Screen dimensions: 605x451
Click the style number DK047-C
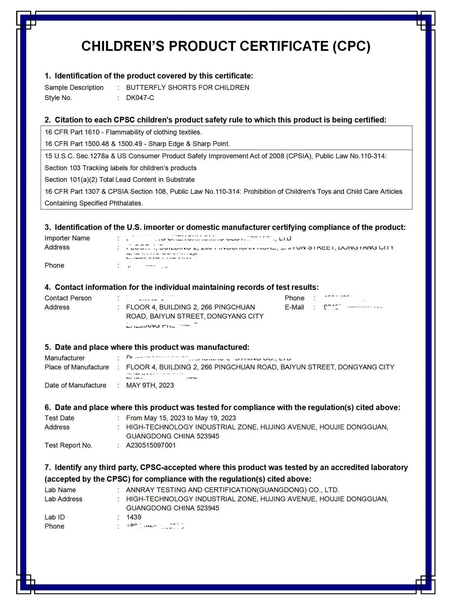pyautogui.click(x=140, y=98)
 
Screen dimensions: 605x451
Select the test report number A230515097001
pyautogui.click(x=151, y=445)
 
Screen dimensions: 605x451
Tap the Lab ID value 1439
pyautogui.click(x=134, y=517)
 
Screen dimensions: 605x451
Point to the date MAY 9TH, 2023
pyautogui.click(x=150, y=385)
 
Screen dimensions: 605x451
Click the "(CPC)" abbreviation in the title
pyautogui.click(x=351, y=46)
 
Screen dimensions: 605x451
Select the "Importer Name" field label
pyautogui.click(x=67, y=238)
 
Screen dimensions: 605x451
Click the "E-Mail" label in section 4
pyautogui.click(x=294, y=307)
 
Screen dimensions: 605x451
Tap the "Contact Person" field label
pyautogui.click(x=68, y=298)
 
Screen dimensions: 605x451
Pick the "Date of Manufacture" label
pyautogui.click(x=75, y=385)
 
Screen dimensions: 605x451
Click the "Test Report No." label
pyautogui.click(x=68, y=445)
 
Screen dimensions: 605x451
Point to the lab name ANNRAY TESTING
pyautogui.click(x=164, y=490)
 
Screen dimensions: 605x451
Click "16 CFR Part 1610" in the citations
pyautogui.click(x=72, y=132)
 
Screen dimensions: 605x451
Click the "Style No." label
pyautogui.click(x=58, y=98)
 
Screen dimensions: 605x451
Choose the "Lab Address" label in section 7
pyautogui.click(x=63, y=499)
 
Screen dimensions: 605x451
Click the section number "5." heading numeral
pyautogui.click(x=48, y=347)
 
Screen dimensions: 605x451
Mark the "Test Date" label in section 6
pyautogui.click(x=59, y=418)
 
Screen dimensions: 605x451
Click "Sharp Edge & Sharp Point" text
pyautogui.click(x=189, y=144)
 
